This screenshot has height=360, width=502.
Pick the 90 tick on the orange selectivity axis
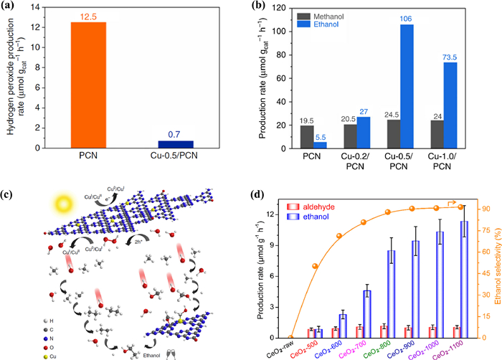pyautogui.click(x=486, y=209)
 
